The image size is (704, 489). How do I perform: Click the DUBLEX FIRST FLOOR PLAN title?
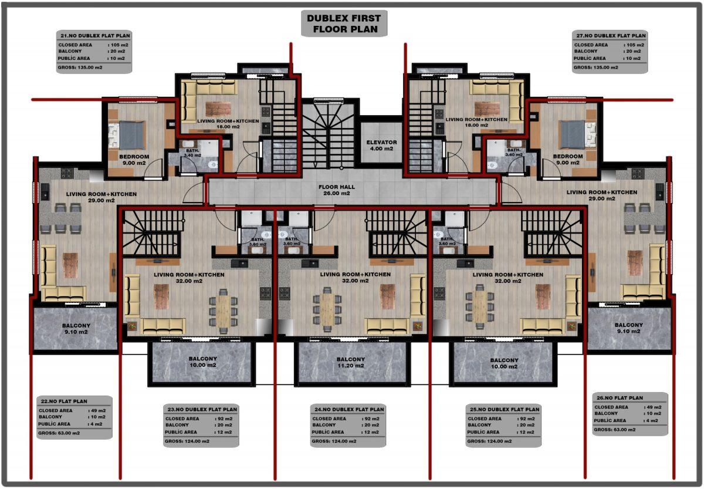(344, 23)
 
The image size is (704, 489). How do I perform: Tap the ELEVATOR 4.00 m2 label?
(381, 145)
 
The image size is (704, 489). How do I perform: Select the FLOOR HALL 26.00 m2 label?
(337, 190)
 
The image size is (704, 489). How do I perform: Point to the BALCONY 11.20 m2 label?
(351, 362)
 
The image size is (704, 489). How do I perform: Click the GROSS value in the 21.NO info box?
(80, 68)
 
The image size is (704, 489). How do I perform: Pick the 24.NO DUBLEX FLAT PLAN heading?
(349, 409)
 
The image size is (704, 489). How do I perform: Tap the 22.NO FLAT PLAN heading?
(64, 401)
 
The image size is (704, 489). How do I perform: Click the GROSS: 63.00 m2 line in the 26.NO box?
(614, 429)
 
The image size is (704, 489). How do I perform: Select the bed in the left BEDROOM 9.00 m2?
(128, 135)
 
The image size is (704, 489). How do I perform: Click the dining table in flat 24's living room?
(327, 309)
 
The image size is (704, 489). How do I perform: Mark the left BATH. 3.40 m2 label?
(192, 153)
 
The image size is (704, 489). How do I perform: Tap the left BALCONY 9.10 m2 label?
(76, 329)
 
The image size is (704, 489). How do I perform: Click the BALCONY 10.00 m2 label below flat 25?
(504, 363)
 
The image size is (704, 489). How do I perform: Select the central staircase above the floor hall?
(329, 135)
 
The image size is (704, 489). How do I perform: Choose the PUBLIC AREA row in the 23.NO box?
(198, 432)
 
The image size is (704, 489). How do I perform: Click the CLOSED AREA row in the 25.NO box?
(501, 419)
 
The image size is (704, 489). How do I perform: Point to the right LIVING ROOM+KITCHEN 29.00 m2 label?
(602, 195)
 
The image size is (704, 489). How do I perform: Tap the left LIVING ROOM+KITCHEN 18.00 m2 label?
(228, 124)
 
